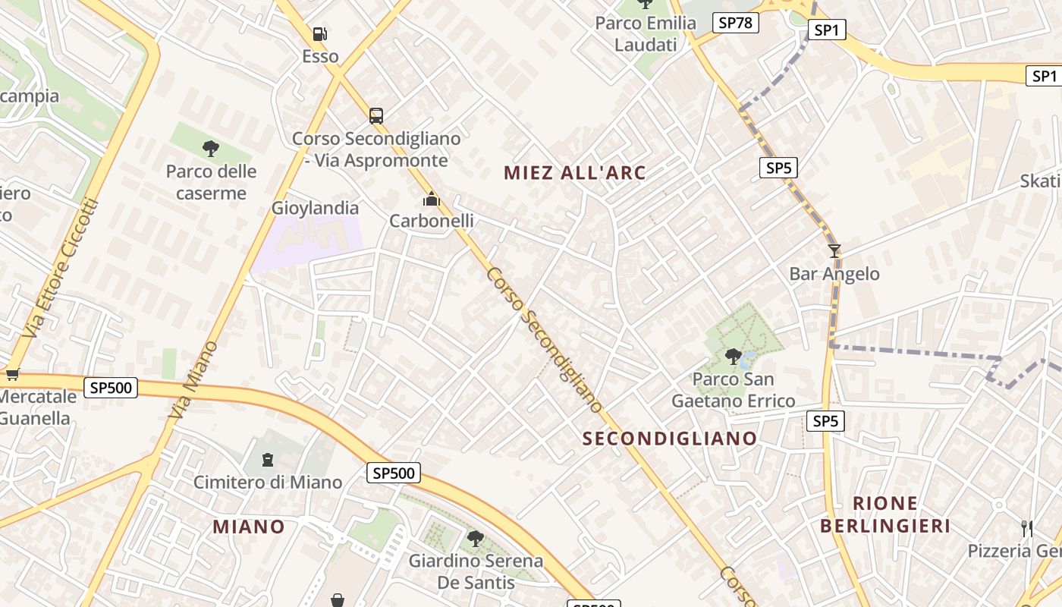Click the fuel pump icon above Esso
coord(320,34)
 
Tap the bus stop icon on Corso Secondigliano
coord(376,115)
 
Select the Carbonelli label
coord(431,221)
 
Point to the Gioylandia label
coord(315,208)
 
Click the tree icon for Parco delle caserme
coord(211,148)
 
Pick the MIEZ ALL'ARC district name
coord(575,173)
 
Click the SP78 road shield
coord(735,23)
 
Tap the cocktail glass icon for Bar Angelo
coord(834,250)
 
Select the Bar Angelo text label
coord(834,274)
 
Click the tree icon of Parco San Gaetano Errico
coord(733,355)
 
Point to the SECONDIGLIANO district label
coord(670,439)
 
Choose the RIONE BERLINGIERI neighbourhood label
coord(885,514)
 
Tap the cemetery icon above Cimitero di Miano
coord(267,459)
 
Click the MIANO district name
coord(249,527)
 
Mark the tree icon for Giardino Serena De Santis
coord(476,539)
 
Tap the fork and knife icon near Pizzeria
coord(1027,528)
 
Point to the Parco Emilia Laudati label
coord(646,33)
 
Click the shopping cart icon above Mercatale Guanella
coord(12,374)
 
